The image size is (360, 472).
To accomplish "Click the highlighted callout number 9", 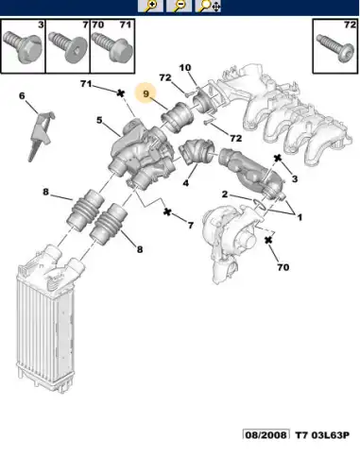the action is [x=146, y=93].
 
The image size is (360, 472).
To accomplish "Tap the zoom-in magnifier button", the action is [x=150, y=6].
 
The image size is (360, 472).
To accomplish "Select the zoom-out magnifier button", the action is [x=179, y=6].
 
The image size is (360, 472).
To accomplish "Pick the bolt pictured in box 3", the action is [x=23, y=46].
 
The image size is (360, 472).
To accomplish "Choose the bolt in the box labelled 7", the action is [x=68, y=48].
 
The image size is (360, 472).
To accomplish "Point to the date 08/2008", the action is [x=266, y=434].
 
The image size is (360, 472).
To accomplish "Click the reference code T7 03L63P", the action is [x=322, y=435].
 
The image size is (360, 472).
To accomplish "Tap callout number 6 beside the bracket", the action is [x=22, y=95].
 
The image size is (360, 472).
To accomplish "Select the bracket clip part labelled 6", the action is [x=41, y=135].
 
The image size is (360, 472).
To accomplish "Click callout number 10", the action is [x=185, y=68].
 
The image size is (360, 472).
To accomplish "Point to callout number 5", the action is [x=99, y=120].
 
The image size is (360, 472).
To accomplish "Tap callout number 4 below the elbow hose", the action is [x=186, y=182].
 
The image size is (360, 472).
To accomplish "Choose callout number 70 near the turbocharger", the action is [x=283, y=267].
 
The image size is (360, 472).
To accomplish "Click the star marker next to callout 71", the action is [x=120, y=93].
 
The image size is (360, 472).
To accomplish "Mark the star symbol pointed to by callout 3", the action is [x=278, y=158].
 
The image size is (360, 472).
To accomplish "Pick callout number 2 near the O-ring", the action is [x=224, y=194].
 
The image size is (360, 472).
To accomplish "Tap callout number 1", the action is [x=300, y=217].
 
